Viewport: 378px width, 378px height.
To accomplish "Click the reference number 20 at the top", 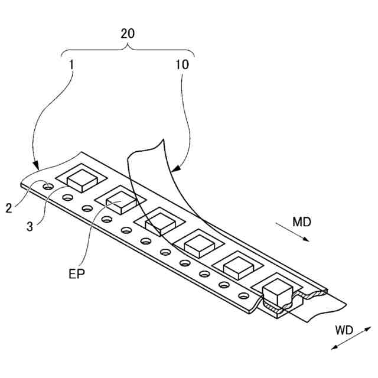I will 128,33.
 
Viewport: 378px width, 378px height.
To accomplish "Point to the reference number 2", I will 9,208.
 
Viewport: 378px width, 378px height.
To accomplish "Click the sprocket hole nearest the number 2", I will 46,187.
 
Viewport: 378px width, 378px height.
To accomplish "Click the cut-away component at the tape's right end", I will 278,292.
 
